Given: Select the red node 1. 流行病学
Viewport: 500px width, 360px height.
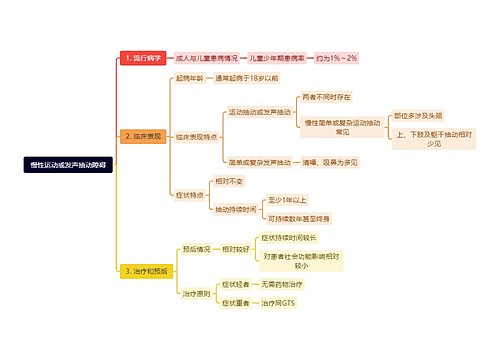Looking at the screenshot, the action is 141,58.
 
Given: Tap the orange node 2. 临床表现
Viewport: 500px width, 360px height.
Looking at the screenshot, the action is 141,135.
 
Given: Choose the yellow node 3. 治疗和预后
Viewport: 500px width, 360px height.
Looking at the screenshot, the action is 146,270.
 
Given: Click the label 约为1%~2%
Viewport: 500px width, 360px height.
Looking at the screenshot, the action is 337,58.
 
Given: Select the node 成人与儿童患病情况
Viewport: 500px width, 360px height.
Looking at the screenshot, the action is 207,58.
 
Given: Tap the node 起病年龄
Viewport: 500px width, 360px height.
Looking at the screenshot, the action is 189,77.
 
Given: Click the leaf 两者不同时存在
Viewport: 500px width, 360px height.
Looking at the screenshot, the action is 326,96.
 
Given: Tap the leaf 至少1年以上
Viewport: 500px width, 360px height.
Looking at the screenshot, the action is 289,199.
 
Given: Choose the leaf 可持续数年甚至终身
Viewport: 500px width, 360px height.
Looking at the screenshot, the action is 299,218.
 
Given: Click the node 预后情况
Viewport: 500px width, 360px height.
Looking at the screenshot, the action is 196,248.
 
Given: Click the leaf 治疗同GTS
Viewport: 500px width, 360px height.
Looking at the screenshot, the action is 275,303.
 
